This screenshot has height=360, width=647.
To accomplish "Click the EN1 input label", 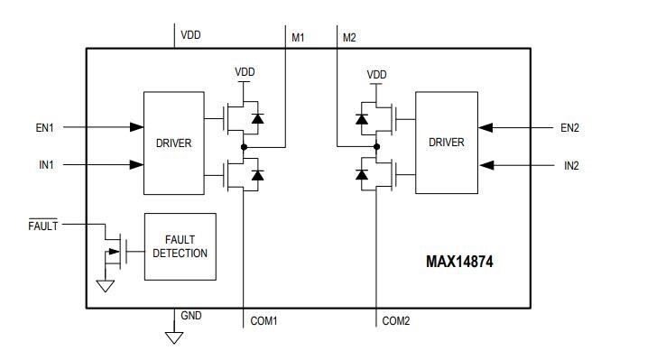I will tap(44, 128).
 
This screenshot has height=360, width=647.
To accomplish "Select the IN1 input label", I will tap(45, 165).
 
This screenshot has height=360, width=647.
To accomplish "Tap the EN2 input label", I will tap(569, 128).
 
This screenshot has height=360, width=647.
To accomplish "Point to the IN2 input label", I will tap(571, 165).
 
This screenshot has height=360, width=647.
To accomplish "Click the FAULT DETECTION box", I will tap(180, 246).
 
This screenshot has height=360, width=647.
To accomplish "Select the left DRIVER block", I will tap(174, 142).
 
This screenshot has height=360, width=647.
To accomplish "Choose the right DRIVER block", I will tap(446, 142).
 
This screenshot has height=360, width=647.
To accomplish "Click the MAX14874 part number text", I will tap(460, 263).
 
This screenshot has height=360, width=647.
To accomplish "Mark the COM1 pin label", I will tap(263, 320).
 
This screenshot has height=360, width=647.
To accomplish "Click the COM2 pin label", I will tap(396, 320).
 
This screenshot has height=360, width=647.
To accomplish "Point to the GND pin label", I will tap(191, 316).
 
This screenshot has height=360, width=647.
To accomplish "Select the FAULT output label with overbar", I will tap(42, 226).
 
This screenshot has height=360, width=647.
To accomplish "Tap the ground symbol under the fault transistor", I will tap(105, 286).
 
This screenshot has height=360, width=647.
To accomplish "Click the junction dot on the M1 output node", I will tap(244, 146).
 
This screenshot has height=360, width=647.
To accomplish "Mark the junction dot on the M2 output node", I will tap(376, 146).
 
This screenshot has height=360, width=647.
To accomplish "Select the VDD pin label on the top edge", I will tap(190, 35).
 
